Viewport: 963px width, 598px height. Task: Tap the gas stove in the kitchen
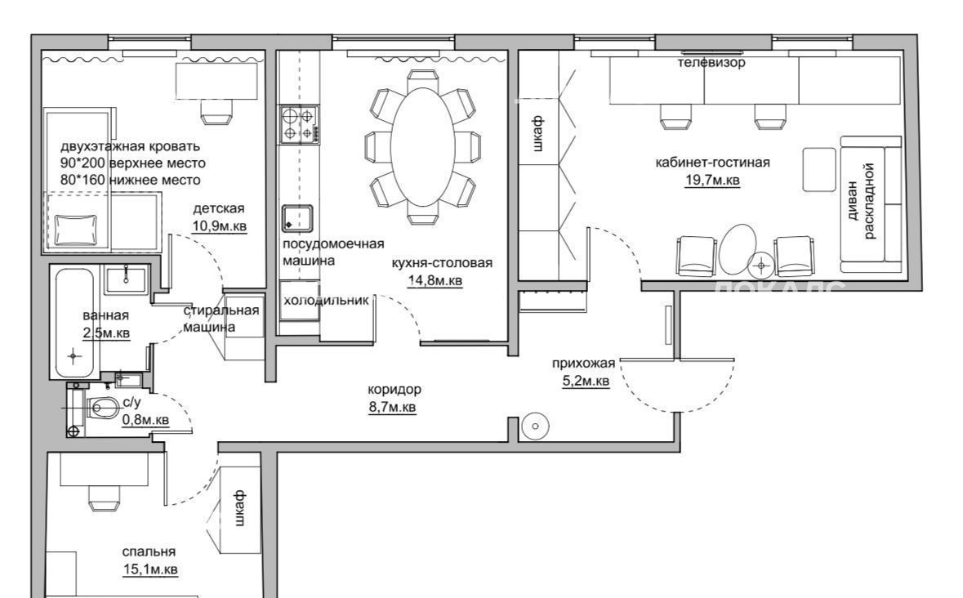pos(300,125)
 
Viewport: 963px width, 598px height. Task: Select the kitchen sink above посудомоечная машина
pos(297,219)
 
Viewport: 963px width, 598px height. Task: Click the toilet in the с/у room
pos(103,407)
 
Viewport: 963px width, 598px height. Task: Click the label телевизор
pos(711,63)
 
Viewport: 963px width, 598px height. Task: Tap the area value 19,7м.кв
pos(712,180)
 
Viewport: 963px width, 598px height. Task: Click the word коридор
pos(395,389)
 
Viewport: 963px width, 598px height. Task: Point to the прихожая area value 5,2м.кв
pos(586,381)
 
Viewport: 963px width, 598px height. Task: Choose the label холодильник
pos(326,301)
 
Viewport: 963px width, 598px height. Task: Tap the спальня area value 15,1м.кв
pos(149,569)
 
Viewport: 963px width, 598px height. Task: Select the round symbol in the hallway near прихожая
pos(535,426)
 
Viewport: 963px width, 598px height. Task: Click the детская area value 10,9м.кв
pos(220,225)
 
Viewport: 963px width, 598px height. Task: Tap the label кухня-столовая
pos(442,263)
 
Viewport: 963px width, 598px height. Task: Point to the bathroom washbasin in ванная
pos(126,279)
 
